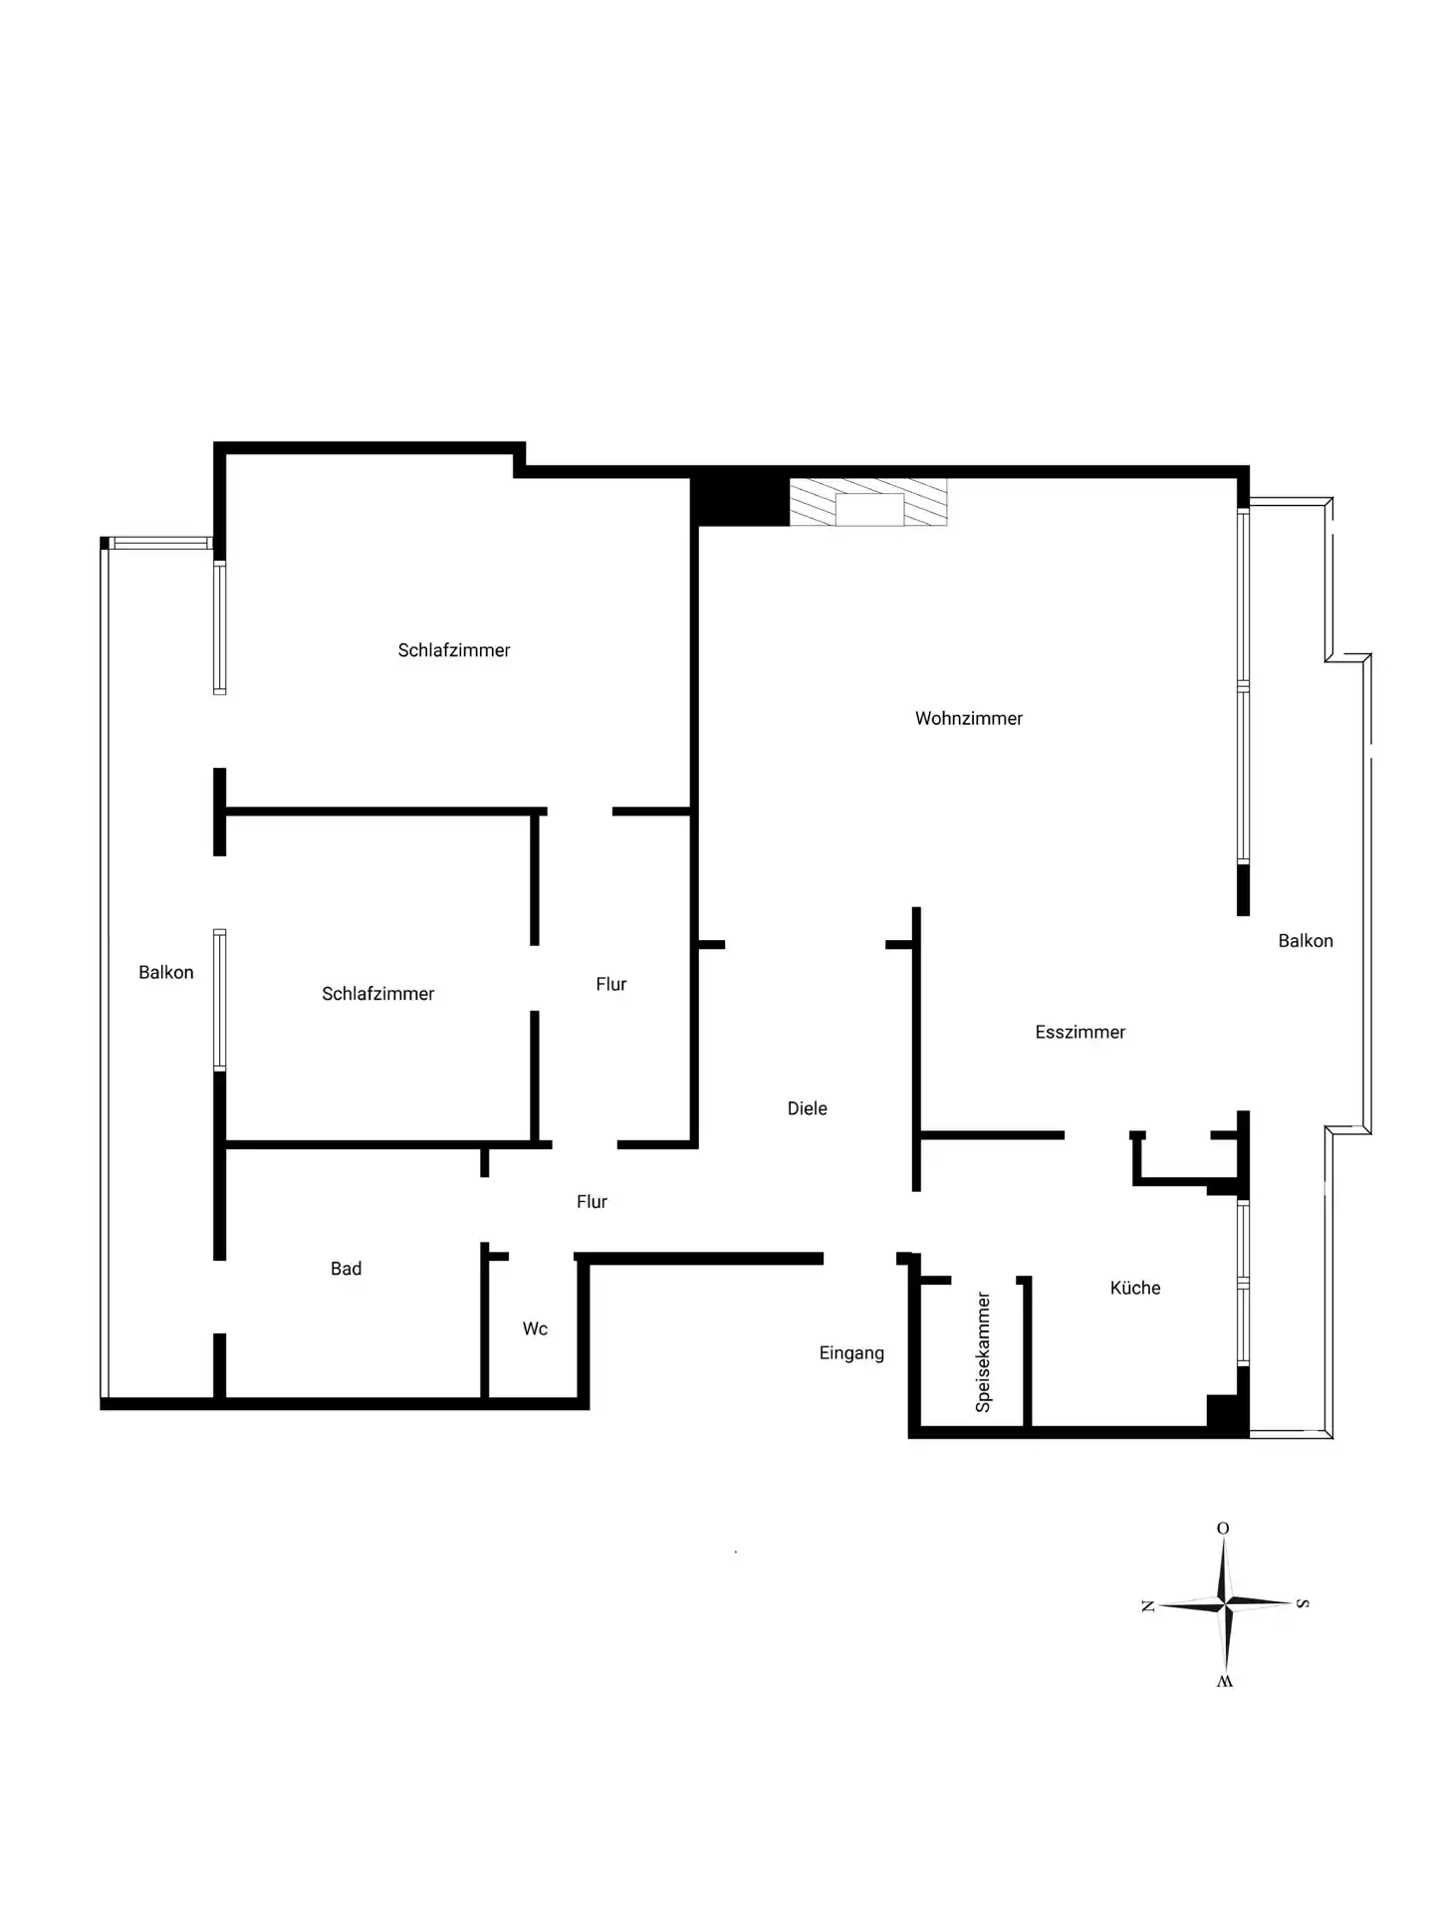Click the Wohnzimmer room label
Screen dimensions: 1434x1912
point(969,718)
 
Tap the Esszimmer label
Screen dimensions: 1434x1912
point(1080,1032)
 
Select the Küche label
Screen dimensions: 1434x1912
point(1135,1288)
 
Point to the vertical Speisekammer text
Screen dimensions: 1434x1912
point(983,1352)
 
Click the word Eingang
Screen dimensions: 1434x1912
point(851,1353)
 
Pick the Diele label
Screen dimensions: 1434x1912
point(808,1108)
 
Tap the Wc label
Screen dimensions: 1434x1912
point(535,1328)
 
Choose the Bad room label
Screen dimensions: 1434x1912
point(346,1268)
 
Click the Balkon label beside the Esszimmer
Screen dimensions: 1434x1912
point(1306,940)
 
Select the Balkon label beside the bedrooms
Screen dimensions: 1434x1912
point(166,972)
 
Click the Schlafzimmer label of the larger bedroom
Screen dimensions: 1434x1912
point(454,650)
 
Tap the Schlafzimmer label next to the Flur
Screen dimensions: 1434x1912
point(378,994)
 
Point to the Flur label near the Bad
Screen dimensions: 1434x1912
point(593,1202)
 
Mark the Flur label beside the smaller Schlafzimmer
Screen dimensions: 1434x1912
point(611,984)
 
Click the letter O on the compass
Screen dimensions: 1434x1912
point(1223,1529)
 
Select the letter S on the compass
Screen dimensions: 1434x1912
point(1303,1603)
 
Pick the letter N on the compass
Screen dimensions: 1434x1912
point(1148,1605)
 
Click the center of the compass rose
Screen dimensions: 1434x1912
point(1226,1603)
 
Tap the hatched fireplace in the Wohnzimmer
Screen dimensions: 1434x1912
point(867,502)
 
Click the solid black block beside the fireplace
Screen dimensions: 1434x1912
point(740,502)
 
